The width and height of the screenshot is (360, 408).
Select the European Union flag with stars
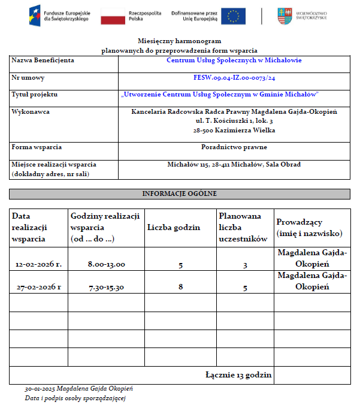[x=233, y=16]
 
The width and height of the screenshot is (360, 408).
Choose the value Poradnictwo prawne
[x=234, y=147]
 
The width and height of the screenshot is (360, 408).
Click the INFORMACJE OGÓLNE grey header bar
[x=179, y=194]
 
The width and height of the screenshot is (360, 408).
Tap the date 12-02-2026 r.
[x=38, y=264]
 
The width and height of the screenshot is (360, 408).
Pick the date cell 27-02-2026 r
[x=38, y=287]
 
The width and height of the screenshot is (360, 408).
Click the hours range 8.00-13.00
[x=106, y=264]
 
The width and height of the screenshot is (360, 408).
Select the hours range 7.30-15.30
[x=106, y=287]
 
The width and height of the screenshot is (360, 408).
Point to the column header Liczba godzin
[x=174, y=228]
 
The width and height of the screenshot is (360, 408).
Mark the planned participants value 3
[x=245, y=265]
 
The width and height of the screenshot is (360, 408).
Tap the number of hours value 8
[x=180, y=288]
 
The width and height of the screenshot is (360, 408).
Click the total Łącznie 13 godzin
[x=238, y=375]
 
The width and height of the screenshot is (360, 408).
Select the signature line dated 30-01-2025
[x=78, y=389]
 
